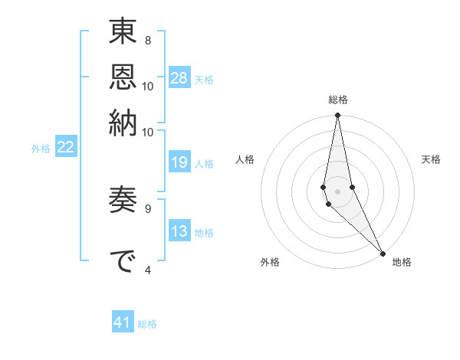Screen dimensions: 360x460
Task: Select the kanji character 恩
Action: [x=123, y=77]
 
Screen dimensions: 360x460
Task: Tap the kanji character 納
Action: [x=123, y=122]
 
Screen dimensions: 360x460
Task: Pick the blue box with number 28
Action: [x=179, y=78]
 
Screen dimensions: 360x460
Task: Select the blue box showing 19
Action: [x=179, y=162]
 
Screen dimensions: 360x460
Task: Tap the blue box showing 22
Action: [x=65, y=147]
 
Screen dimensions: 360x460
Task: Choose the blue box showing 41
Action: [x=123, y=322]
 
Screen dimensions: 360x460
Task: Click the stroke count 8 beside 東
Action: [x=148, y=40]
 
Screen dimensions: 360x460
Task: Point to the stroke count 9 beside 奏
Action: [x=148, y=207]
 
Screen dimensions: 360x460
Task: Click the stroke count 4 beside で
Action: [x=148, y=270]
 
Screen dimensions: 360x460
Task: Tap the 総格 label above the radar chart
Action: [x=338, y=100]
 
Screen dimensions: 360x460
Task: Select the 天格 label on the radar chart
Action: [x=431, y=159]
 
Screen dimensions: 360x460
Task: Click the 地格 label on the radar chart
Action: [x=402, y=262]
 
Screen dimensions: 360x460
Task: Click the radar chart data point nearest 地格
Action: [x=383, y=253]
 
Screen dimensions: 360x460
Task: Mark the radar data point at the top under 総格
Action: [x=338, y=116]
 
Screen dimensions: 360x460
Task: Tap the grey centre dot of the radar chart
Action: [x=338, y=191]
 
